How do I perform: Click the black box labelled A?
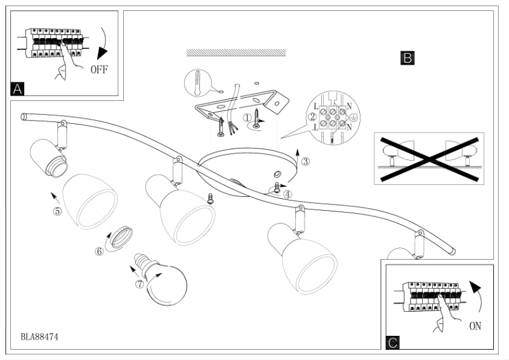18,89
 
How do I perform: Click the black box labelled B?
408,58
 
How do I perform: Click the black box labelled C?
393,343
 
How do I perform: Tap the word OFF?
100,69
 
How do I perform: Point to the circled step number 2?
312,117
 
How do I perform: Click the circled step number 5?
57,211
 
